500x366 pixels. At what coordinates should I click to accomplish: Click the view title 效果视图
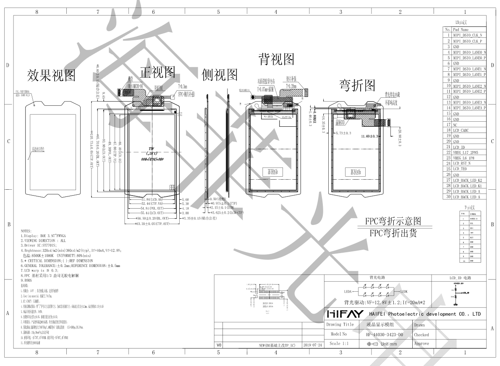[x=51, y=75]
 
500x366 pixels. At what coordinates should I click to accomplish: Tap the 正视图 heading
[x=157, y=72]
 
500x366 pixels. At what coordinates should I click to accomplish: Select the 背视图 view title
[x=276, y=59]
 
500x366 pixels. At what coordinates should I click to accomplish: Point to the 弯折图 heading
[x=357, y=85]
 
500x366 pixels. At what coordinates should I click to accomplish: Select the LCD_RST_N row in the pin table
[x=462, y=163]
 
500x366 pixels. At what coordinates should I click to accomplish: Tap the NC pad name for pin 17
[x=455, y=125]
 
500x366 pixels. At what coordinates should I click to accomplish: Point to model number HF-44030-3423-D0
[x=382, y=335]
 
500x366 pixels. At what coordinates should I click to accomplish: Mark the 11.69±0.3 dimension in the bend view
[x=370, y=136]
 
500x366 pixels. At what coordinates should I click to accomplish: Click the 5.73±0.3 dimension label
[x=346, y=133]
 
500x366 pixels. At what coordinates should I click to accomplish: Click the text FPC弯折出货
[x=393, y=233]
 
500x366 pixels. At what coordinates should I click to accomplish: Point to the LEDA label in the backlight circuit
[x=348, y=292]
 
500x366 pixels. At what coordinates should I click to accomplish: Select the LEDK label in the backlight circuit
[x=403, y=292]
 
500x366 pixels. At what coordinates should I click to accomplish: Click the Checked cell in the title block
[x=421, y=335]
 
